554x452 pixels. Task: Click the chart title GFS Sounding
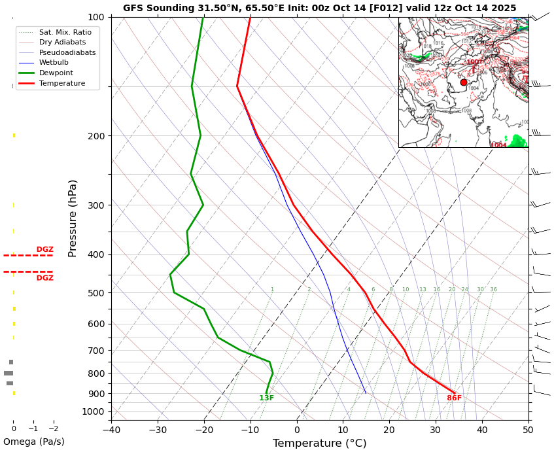pyautogui.click(x=319, y=9)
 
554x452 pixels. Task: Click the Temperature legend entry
pyautogui.click(x=62, y=84)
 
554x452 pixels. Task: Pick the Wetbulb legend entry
pyautogui.click(x=54, y=63)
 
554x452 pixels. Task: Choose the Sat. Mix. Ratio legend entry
pyautogui.click(x=65, y=32)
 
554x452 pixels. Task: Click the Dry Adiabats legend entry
pyautogui.click(x=62, y=42)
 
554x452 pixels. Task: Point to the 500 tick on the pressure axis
pyautogui.click(x=96, y=293)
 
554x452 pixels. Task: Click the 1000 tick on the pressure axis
pyautogui.click(x=94, y=411)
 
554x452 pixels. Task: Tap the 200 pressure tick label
pyautogui.click(x=96, y=136)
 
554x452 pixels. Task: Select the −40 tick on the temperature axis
pyautogui.click(x=111, y=430)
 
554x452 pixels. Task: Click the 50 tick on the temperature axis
pyautogui.click(x=528, y=430)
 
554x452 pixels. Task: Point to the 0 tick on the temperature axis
pyautogui.click(x=297, y=430)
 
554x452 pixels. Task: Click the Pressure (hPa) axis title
pyautogui.click(x=73, y=218)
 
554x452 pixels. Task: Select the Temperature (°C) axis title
pyautogui.click(x=319, y=443)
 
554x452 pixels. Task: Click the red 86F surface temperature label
pyautogui.click(x=454, y=398)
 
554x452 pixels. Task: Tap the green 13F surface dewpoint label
pyautogui.click(x=266, y=398)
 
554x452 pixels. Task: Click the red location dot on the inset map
pyautogui.click(x=464, y=82)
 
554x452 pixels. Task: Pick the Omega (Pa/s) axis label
pyautogui.click(x=34, y=442)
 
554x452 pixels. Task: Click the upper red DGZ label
pyautogui.click(x=44, y=249)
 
